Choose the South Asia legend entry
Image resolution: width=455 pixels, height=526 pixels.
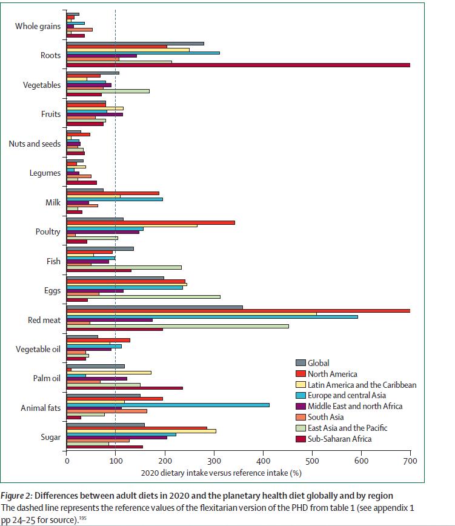tap(326, 417)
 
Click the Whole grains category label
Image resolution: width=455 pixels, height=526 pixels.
tap(38, 26)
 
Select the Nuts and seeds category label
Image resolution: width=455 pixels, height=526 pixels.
tap(35, 144)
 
